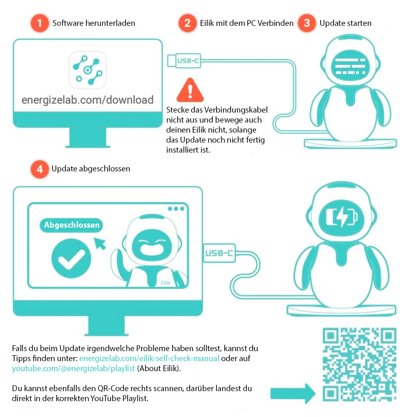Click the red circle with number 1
(40, 23)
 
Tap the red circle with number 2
(188, 23)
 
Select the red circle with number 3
(306, 23)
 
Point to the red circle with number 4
(40, 169)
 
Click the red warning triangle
(190, 90)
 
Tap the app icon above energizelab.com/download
(88, 70)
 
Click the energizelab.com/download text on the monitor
(88, 100)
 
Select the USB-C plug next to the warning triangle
(184, 60)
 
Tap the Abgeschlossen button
(71, 225)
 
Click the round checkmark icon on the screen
(71, 258)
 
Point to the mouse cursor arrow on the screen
(100, 244)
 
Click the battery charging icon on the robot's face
(342, 217)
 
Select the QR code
(359, 364)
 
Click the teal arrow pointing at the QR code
(293, 393)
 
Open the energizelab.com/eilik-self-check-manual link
(149, 358)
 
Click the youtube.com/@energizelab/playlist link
(73, 368)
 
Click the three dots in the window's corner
(176, 209)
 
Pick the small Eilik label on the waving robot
(166, 283)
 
